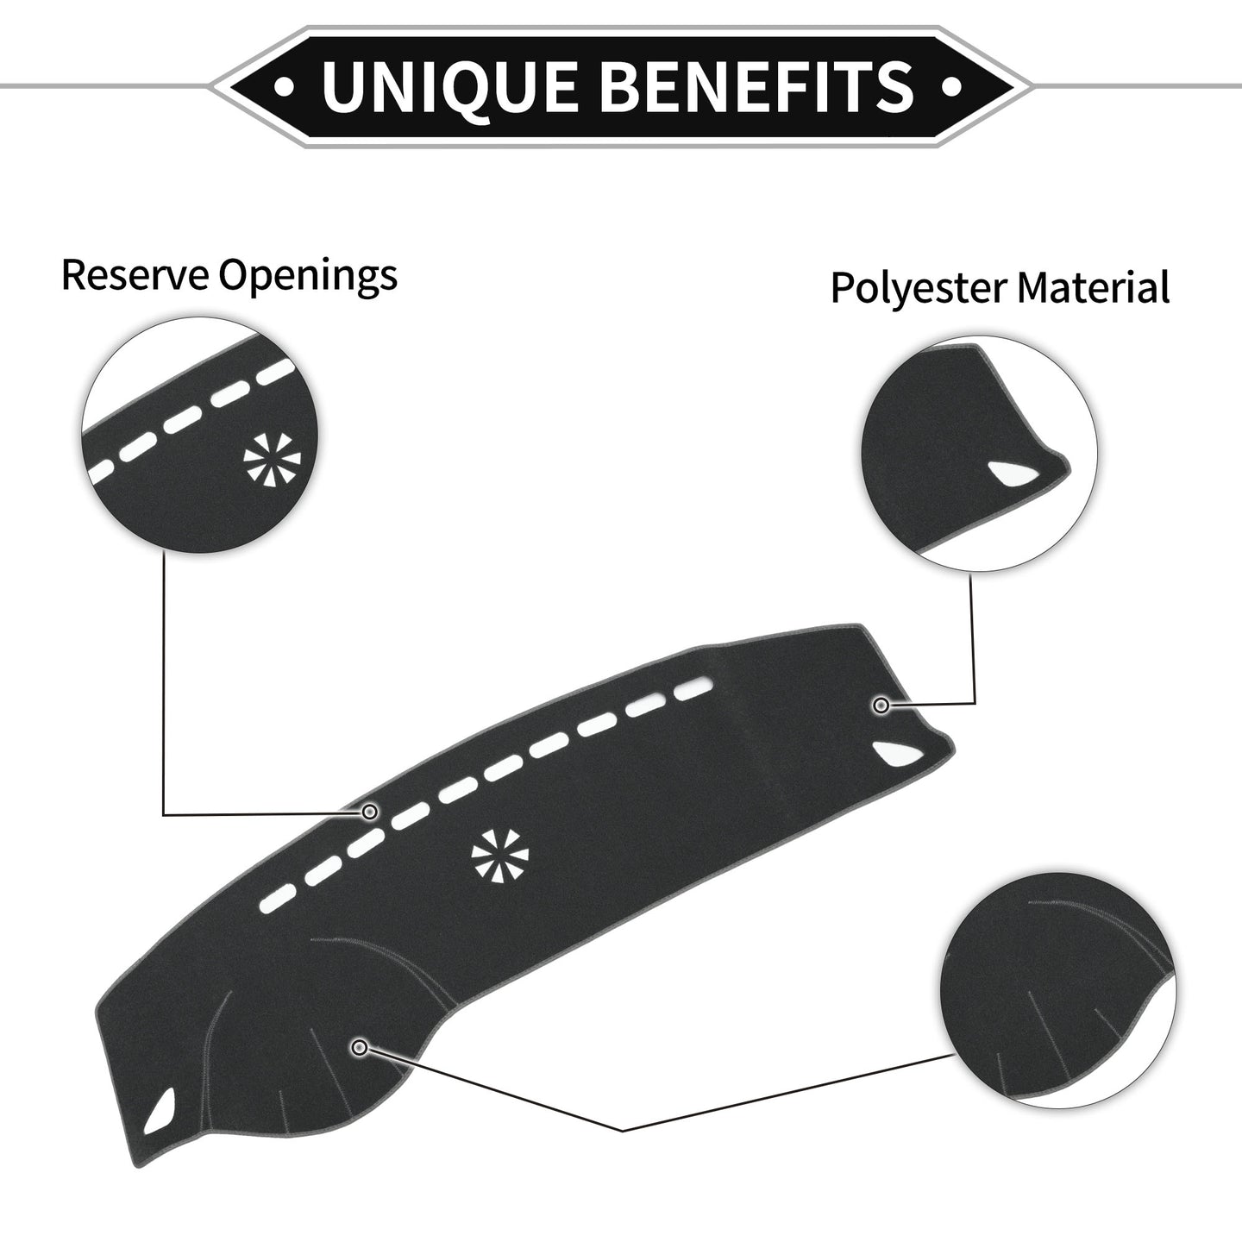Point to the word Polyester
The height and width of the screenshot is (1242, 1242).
coord(918,290)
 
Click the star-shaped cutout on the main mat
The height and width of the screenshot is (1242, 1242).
coord(499,854)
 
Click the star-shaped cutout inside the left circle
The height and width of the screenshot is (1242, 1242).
coord(272,459)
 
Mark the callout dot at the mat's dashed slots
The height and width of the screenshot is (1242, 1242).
coord(369,812)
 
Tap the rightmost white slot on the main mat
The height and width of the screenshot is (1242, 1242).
coord(693,690)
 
